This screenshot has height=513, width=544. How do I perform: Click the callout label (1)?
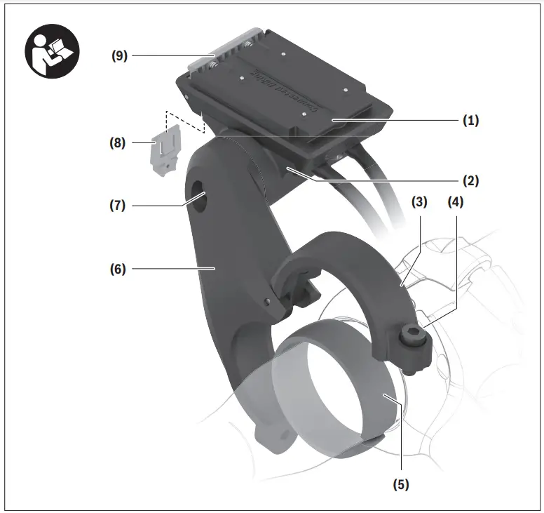[470, 120]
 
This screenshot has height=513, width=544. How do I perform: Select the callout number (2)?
[470, 180]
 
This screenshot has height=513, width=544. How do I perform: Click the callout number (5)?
[401, 484]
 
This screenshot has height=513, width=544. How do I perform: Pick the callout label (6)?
[118, 268]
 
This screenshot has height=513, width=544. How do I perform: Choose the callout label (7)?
[118, 206]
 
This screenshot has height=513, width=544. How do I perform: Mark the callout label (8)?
[118, 143]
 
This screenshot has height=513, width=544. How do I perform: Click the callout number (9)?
[120, 55]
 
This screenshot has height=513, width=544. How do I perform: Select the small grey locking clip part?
[165, 150]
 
